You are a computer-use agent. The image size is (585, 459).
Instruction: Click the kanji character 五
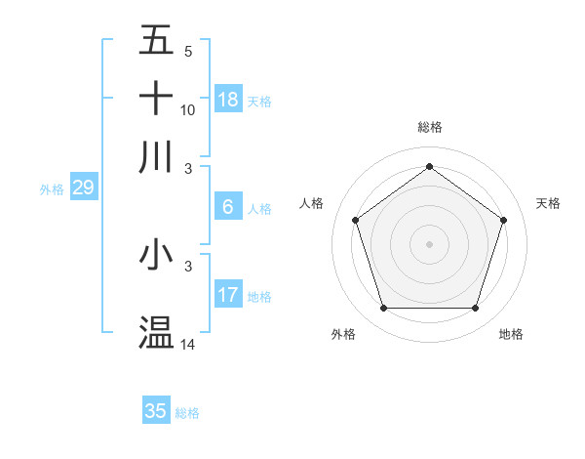click(x=156, y=42)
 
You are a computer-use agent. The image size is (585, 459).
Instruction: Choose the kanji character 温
click(x=156, y=332)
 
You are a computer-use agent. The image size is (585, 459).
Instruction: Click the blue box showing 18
click(x=228, y=100)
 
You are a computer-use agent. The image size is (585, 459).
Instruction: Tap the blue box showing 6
click(x=228, y=207)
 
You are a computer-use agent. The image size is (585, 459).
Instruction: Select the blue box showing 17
click(x=228, y=295)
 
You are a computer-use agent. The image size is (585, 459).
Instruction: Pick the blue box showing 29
click(x=83, y=188)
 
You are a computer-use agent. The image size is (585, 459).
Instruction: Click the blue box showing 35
click(x=156, y=411)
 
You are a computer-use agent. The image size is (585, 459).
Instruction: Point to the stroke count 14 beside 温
click(x=188, y=345)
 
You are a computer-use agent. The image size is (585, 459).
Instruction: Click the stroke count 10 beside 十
click(x=188, y=110)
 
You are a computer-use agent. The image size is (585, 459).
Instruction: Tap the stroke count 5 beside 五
click(x=188, y=52)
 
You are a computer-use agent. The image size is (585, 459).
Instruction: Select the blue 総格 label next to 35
click(x=187, y=413)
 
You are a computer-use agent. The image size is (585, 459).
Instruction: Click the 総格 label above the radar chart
click(x=429, y=127)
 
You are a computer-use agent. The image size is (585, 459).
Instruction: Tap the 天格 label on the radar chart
click(x=548, y=203)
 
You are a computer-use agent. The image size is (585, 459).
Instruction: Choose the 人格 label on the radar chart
click(x=311, y=203)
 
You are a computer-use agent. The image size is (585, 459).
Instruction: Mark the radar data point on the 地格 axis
click(x=475, y=309)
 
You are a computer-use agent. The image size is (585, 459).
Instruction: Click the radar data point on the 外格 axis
click(x=383, y=309)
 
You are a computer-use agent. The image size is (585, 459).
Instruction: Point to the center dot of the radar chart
click(x=429, y=244)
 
